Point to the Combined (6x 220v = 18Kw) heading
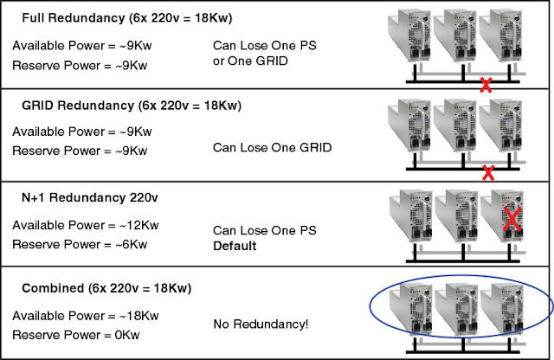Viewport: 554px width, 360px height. (x=106, y=287)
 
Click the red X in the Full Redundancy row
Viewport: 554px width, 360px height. (x=487, y=86)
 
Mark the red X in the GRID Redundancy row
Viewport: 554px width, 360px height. (x=488, y=172)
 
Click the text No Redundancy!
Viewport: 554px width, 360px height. (x=261, y=324)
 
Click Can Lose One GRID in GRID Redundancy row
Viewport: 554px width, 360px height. (x=273, y=147)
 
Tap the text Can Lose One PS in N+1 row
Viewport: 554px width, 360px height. (x=265, y=230)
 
